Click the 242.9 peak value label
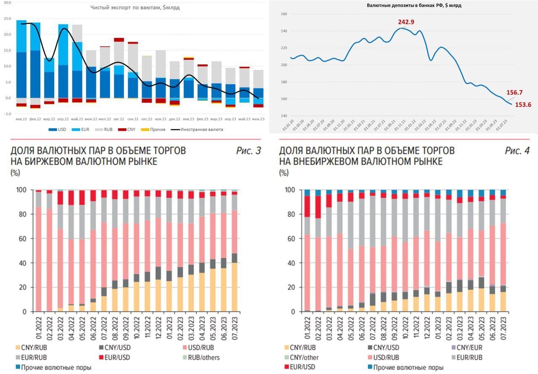pos(406,22)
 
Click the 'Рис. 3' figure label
pos(248,151)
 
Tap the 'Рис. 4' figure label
pos(517,151)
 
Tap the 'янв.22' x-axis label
pos(21,119)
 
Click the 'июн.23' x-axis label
pos(258,119)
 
